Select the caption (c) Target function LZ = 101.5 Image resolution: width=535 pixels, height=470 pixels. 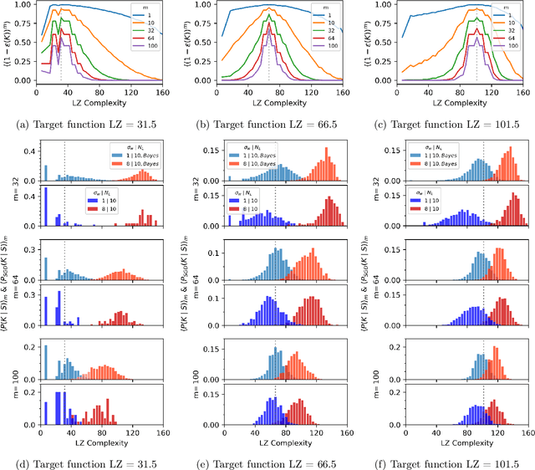coord(446,125)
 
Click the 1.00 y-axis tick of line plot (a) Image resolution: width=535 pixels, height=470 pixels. coord(23,6)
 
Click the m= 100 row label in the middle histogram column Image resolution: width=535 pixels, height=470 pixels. coord(186,370)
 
